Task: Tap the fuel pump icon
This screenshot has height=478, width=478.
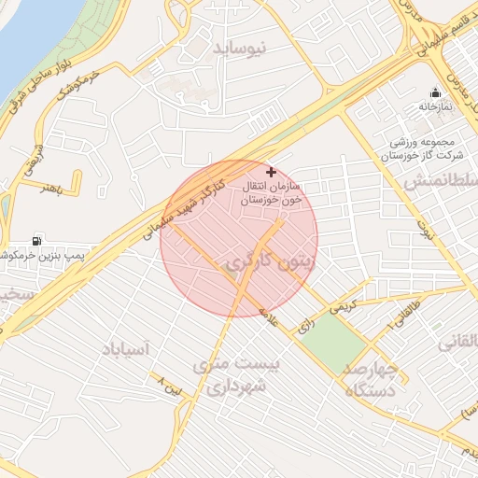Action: pyautogui.click(x=38, y=240)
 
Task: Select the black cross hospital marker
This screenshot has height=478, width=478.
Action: pyautogui.click(x=271, y=172)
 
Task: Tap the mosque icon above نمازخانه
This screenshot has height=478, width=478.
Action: pyautogui.click(x=435, y=92)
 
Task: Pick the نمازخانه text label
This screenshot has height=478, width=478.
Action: pyautogui.click(x=435, y=107)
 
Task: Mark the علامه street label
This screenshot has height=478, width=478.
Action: pyautogui.click(x=270, y=317)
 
